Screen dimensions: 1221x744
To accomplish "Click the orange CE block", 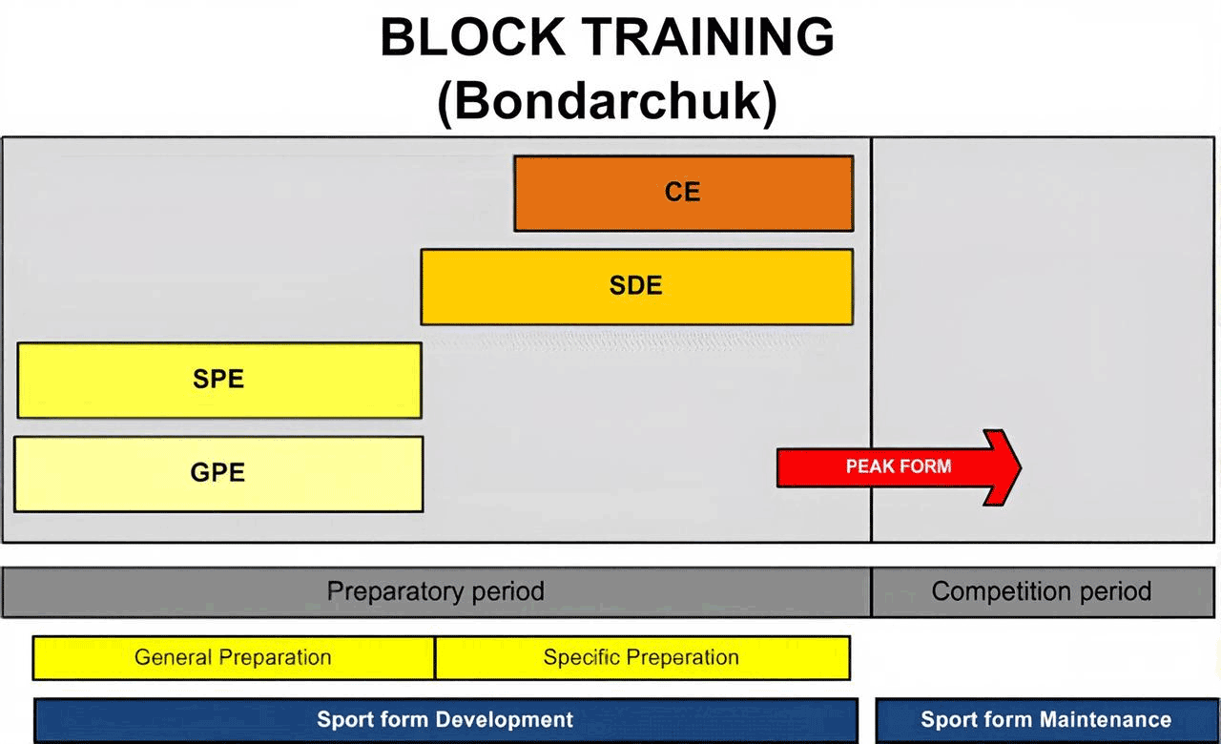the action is [x=684, y=194].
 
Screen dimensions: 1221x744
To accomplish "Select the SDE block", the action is [x=636, y=287].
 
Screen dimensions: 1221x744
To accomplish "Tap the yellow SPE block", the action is [x=219, y=381].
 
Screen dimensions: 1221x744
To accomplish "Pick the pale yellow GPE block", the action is [x=218, y=474].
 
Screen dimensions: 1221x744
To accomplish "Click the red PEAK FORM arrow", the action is [x=899, y=467].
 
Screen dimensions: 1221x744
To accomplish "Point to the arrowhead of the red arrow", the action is [x=1021, y=467].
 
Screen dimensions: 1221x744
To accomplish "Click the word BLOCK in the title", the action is [x=472, y=37].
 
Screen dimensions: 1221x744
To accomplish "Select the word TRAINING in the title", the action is [x=708, y=37].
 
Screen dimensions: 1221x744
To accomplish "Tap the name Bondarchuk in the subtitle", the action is [x=608, y=101].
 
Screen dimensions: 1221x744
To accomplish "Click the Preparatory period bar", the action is [x=436, y=592].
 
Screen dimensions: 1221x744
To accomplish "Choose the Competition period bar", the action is [x=1044, y=592].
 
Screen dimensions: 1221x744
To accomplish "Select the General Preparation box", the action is [x=234, y=658].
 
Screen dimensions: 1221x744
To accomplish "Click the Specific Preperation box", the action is [x=643, y=658].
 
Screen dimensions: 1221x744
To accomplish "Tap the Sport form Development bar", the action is [x=445, y=720].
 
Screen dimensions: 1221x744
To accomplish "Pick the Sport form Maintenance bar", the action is [x=1046, y=720].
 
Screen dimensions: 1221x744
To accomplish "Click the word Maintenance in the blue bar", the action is [x=1106, y=719].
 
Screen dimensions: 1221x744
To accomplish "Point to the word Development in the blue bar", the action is [x=505, y=719].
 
